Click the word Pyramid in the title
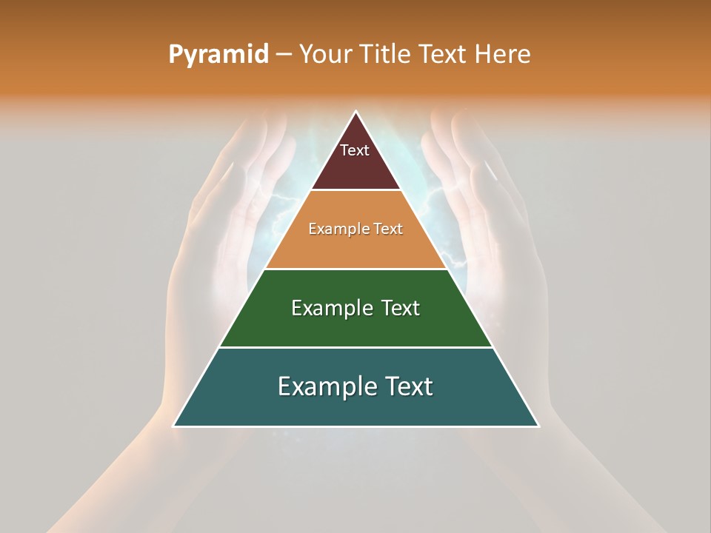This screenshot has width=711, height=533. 218,55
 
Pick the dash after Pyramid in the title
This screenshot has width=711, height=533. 283,55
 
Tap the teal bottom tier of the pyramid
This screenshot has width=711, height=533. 355,407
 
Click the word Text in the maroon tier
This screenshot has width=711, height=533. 355,150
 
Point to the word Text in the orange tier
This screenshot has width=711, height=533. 389,229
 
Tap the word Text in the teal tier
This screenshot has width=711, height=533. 407,386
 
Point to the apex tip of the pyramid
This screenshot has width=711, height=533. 355,113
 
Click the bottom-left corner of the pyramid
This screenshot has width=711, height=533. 175,426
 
